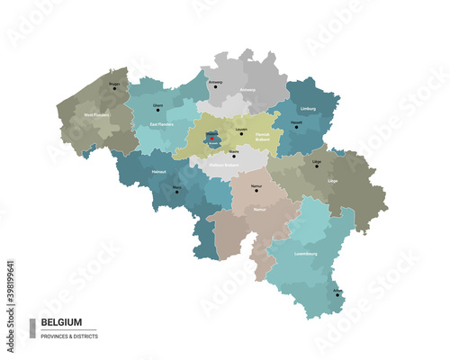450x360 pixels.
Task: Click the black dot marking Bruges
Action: (113, 88)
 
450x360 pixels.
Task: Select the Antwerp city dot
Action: (214, 87)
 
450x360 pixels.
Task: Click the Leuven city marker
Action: (237, 133)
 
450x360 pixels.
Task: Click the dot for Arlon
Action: (337, 294)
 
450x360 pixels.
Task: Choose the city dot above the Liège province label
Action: (316, 166)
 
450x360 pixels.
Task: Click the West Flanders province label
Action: (98, 115)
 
